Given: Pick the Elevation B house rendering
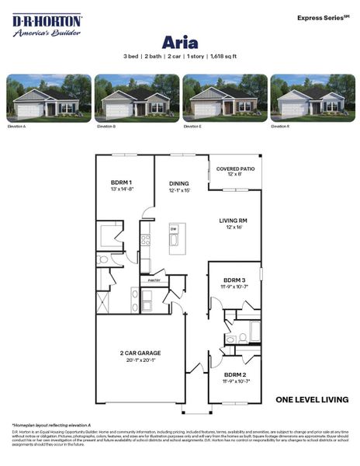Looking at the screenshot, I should coord(135,98).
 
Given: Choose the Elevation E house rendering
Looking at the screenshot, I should coord(223,98).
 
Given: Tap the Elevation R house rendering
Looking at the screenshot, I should coord(312,98).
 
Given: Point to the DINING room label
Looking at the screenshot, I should coord(179,184).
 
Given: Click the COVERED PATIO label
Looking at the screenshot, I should coord(233,169).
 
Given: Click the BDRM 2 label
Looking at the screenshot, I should coord(234,375).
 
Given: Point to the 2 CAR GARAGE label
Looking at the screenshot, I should coord(140,353).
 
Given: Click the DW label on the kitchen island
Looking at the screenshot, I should coord(174,229).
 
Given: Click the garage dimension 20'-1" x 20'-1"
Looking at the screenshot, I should coord(140,360).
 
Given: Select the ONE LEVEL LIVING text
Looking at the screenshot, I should coord(312,400).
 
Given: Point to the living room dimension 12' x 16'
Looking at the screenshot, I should coord(234,227).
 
